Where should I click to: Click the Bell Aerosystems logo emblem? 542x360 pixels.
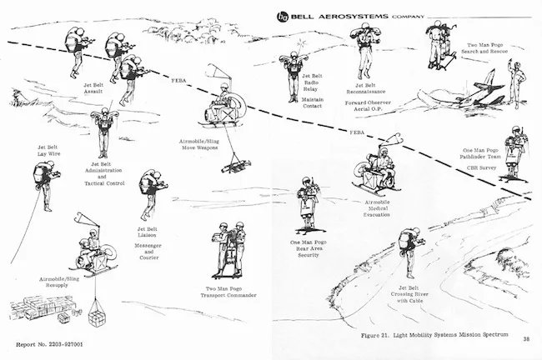(282, 15)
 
